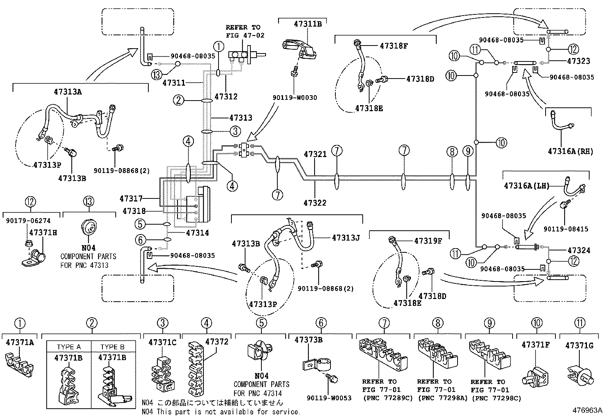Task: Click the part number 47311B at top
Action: [307, 24]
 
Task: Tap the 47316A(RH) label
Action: [570, 151]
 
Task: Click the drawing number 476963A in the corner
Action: [588, 410]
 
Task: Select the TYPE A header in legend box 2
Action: [69, 347]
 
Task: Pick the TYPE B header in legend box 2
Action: [113, 347]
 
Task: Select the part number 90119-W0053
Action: [329, 398]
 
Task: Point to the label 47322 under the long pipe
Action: [315, 203]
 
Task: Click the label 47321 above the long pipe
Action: [315, 154]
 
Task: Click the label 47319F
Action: [428, 241]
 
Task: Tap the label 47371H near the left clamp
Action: [43, 233]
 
